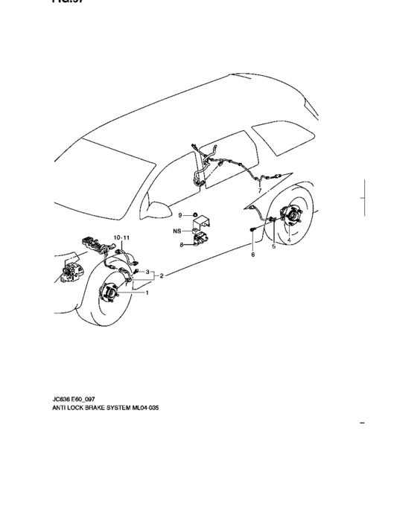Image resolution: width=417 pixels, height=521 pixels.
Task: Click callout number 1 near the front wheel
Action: pyautogui.click(x=147, y=293)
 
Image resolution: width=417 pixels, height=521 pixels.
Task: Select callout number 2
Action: pyautogui.click(x=162, y=275)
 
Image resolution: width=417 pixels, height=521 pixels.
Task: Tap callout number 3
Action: pyautogui.click(x=147, y=272)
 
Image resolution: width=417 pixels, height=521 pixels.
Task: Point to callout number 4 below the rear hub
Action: pyautogui.click(x=289, y=240)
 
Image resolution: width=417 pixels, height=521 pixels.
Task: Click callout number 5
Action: pyautogui.click(x=273, y=246)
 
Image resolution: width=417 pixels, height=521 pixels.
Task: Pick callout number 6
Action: pyautogui.click(x=252, y=255)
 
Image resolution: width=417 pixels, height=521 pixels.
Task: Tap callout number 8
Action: pyautogui.click(x=181, y=243)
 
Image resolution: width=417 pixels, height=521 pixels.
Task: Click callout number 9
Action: pyautogui.click(x=180, y=215)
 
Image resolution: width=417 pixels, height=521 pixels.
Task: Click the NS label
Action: pyautogui.click(x=178, y=231)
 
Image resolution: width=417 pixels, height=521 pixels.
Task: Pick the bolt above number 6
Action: pyautogui.click(x=254, y=231)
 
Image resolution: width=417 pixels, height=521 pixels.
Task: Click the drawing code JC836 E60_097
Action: pyautogui.click(x=73, y=400)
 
